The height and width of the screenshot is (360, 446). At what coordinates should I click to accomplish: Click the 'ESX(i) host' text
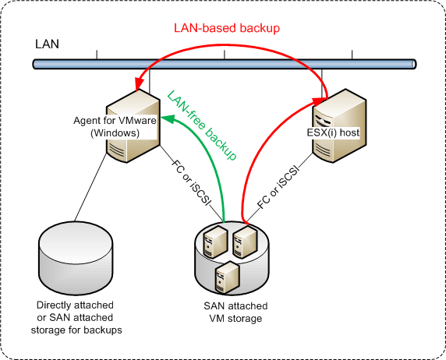point(339,132)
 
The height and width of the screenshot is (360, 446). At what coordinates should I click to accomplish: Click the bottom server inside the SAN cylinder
point(227,277)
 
